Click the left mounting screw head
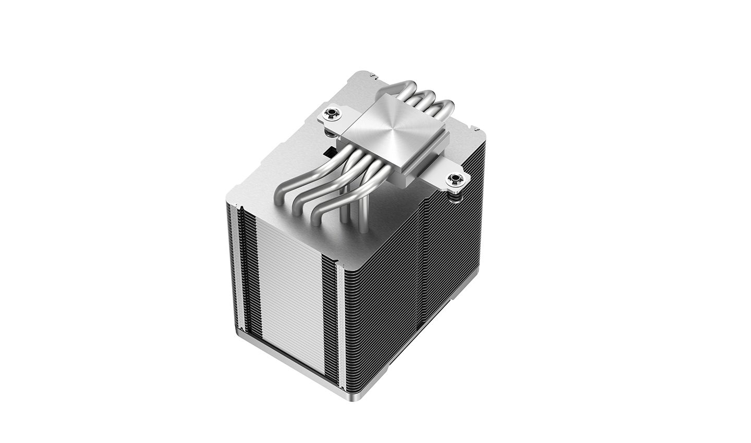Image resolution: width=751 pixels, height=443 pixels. [x=330, y=113]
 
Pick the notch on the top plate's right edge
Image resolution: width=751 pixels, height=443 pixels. [x=476, y=127]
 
